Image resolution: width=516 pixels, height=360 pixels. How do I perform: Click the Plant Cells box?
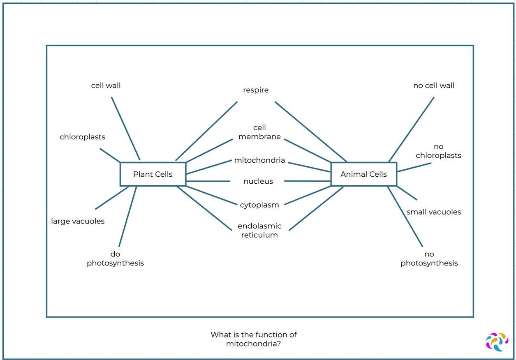click(x=153, y=174)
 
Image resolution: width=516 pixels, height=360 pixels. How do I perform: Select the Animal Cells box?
click(x=363, y=174)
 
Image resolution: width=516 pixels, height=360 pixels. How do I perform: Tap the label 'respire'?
click(x=256, y=90)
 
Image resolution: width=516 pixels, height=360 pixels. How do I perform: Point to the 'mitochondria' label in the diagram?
click(x=259, y=160)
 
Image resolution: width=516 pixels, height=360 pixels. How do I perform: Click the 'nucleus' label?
click(x=258, y=181)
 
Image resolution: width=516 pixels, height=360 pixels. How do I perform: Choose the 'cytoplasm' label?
click(x=259, y=205)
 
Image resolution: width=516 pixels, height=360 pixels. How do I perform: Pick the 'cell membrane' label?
click(x=259, y=132)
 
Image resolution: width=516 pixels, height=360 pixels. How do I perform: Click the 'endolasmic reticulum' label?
click(x=259, y=231)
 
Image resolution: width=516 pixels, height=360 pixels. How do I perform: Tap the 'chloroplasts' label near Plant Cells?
click(x=82, y=137)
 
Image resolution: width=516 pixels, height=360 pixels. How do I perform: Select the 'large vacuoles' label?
click(x=78, y=221)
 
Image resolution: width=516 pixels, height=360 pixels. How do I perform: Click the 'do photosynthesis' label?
click(x=115, y=258)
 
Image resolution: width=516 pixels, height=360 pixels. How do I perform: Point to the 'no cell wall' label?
click(x=434, y=85)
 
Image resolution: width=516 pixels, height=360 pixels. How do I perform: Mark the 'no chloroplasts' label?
click(x=438, y=151)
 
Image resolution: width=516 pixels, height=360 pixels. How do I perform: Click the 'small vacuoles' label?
click(x=434, y=212)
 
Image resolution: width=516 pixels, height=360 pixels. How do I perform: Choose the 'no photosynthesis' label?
click(x=429, y=258)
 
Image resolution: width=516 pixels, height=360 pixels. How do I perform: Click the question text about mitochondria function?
click(x=253, y=339)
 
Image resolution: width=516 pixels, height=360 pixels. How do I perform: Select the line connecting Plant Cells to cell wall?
click(x=125, y=128)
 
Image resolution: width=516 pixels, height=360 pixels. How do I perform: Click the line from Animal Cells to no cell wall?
click(x=411, y=129)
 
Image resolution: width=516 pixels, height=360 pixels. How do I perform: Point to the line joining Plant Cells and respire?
click(x=206, y=131)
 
